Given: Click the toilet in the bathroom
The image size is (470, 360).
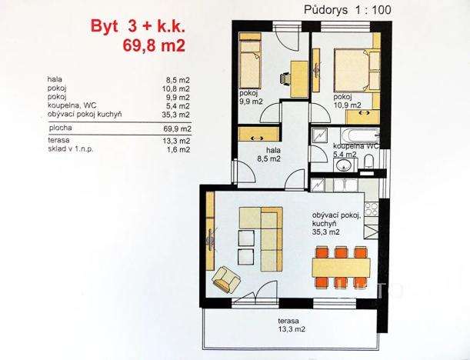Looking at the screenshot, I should pyautogui.click(x=368, y=162).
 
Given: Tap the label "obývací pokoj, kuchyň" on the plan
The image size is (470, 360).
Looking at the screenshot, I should pyautogui.click(x=336, y=222).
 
